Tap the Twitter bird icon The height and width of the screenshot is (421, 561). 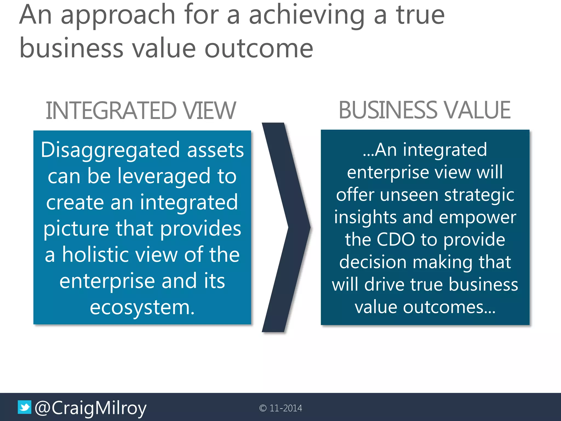pyautogui.click(x=24, y=407)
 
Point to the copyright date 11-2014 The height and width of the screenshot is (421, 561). pyautogui.click(x=286, y=408)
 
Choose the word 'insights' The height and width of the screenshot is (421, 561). pyautogui.click(x=365, y=217)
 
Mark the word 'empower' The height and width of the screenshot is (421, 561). pyautogui.click(x=478, y=218)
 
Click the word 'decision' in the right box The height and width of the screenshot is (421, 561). pyautogui.click(x=373, y=262)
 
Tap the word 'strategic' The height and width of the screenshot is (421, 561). pyautogui.click(x=479, y=195)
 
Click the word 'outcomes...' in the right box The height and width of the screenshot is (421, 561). pyautogui.click(x=449, y=307)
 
